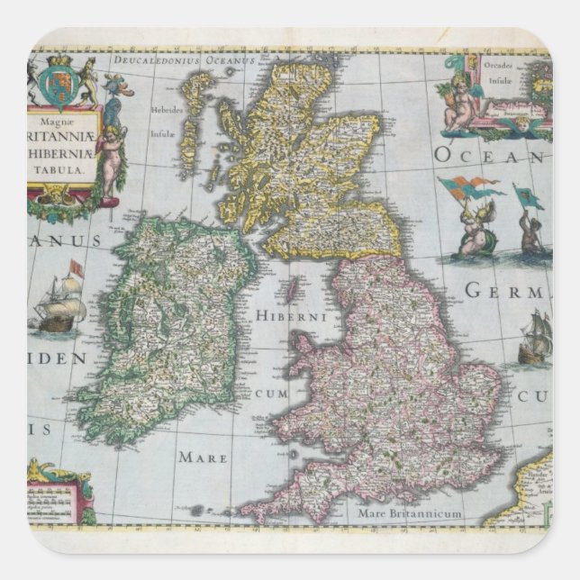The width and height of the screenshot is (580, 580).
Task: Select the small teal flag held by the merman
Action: tap(529, 195)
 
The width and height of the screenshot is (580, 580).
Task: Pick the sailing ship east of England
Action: tap(535, 340)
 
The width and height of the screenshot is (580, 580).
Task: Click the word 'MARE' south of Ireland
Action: tap(202, 457)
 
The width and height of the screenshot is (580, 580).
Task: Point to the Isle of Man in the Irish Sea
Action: tap(292, 292)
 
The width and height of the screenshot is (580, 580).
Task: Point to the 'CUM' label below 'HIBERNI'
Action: tap(270, 394)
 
